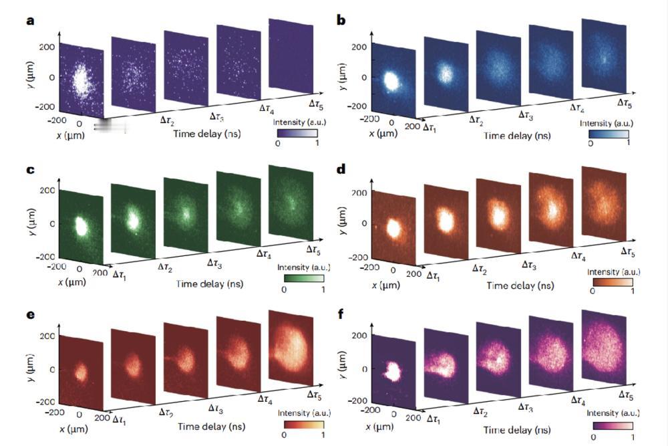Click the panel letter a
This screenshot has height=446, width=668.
click(x=29, y=21)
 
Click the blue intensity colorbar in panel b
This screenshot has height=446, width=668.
click(x=608, y=133)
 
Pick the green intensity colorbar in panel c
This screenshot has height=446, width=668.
click(x=304, y=277)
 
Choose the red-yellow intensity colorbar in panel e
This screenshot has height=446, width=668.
click(x=303, y=424)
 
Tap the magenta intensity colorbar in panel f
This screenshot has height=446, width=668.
click(x=611, y=424)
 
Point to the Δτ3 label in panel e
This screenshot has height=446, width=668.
click(x=216, y=407)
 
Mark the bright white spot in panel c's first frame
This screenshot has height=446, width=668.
click(x=81, y=224)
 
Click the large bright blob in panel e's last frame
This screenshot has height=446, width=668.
click(x=292, y=350)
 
